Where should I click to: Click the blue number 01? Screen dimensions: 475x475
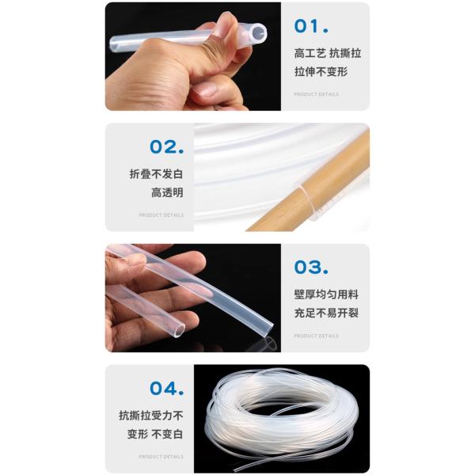(311, 26)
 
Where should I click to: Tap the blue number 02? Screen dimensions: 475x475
(167, 147)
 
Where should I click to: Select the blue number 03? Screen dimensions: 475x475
(311, 268)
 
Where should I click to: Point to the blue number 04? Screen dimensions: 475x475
(167, 389)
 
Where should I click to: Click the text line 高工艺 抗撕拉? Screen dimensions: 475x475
(328, 54)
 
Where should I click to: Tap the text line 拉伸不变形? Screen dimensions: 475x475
(321, 72)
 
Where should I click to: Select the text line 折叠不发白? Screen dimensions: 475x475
(156, 174)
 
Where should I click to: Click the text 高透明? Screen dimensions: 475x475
(167, 192)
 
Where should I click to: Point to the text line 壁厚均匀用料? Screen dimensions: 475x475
(326, 294)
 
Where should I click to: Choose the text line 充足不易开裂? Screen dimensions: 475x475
(326, 313)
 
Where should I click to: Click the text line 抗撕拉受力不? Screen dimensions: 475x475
(151, 416)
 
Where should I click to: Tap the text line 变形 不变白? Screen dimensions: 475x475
(155, 434)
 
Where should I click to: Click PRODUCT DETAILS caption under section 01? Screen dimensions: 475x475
(316, 94)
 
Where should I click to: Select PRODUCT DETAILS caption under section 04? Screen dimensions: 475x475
(161, 457)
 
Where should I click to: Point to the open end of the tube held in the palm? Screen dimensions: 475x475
(179, 329)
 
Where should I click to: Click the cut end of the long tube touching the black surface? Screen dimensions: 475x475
(268, 330)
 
